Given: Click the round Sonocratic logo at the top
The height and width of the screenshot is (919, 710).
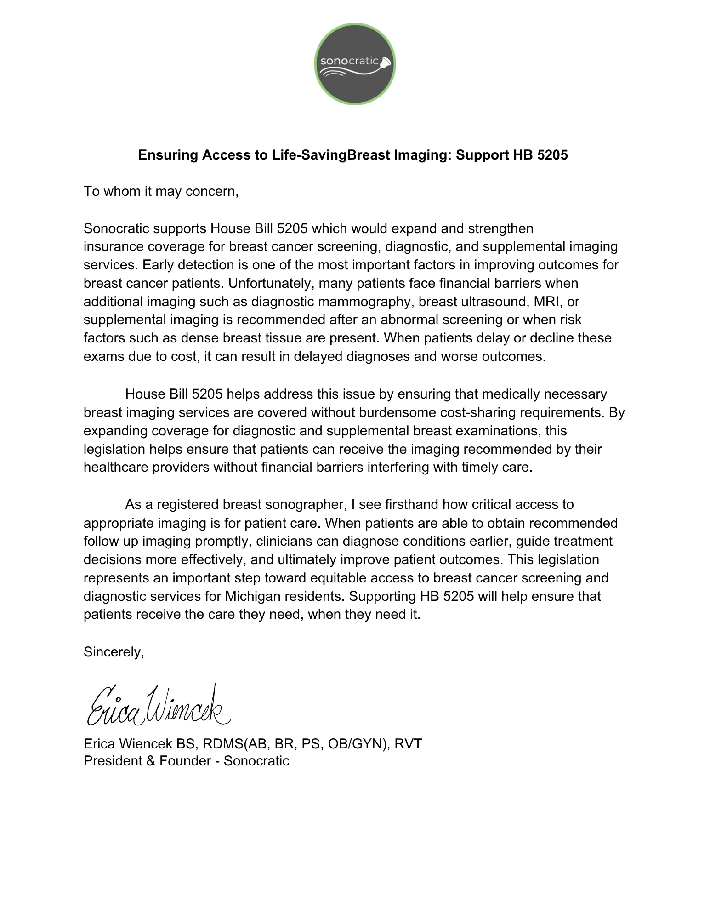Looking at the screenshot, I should coord(355,64).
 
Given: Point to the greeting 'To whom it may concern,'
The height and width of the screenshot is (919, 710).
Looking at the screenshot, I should coord(161,191).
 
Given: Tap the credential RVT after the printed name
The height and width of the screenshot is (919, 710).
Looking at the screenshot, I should coord(408,743).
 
